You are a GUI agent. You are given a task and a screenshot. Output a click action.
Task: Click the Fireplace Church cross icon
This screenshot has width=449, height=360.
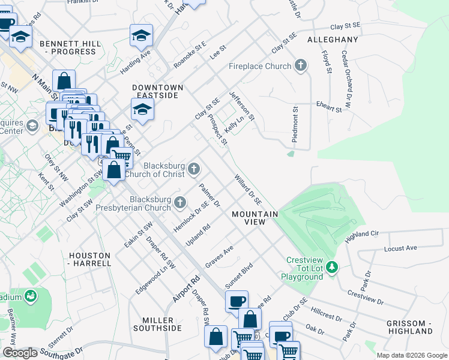click(301, 66)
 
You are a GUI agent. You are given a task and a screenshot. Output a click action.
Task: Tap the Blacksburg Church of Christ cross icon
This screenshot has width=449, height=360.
click(193, 170)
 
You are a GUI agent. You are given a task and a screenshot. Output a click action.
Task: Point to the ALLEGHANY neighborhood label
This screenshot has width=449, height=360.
click(333, 40)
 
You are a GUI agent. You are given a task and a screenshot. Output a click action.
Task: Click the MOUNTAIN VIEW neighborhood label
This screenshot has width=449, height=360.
click(255, 218)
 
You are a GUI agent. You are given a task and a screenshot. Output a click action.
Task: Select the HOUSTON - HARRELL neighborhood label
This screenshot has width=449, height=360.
click(90, 259)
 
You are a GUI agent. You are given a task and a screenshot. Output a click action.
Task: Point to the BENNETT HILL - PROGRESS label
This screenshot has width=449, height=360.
click(68, 47)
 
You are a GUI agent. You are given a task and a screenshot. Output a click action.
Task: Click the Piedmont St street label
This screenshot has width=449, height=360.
click(295, 124)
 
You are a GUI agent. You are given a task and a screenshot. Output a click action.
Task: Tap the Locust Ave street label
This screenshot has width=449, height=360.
click(400, 247)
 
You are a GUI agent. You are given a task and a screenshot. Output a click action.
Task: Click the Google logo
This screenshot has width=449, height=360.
click(20, 353)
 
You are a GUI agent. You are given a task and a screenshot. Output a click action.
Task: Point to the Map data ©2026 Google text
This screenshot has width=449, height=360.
click(411, 355)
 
